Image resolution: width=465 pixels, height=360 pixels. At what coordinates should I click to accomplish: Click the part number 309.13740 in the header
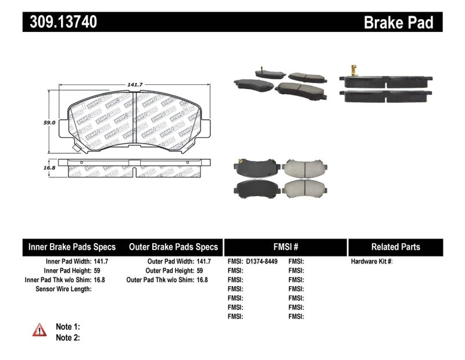pyautogui.click(x=60, y=22)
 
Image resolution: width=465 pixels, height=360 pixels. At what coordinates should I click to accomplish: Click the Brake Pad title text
pyautogui.click(x=398, y=22)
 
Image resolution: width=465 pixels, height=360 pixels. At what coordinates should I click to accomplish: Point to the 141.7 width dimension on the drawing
pyautogui.click(x=135, y=85)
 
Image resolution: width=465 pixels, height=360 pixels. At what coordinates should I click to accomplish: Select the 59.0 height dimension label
pyautogui.click(x=49, y=123)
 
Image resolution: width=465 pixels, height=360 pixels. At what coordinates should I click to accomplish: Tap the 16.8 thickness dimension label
pyautogui.click(x=49, y=167)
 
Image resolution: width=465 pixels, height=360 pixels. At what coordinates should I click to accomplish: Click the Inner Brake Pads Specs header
pyautogui.click(x=72, y=247)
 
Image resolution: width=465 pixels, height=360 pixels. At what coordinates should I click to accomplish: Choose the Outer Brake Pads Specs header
pyautogui.click(x=173, y=247)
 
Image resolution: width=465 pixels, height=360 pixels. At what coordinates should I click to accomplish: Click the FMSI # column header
pyautogui.click(x=285, y=247)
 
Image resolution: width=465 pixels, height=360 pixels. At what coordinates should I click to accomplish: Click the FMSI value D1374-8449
pyautogui.click(x=262, y=262)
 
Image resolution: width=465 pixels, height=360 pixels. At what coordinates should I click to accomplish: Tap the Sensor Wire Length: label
pyautogui.click(x=64, y=288)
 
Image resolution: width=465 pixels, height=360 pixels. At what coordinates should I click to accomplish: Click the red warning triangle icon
pyautogui.click(x=39, y=330)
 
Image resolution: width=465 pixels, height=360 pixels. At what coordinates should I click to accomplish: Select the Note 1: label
pyautogui.click(x=67, y=327)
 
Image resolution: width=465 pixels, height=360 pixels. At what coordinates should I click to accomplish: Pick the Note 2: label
pyautogui.click(x=67, y=337)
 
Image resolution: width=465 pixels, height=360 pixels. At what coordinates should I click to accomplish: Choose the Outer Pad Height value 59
pyautogui.click(x=200, y=270)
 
